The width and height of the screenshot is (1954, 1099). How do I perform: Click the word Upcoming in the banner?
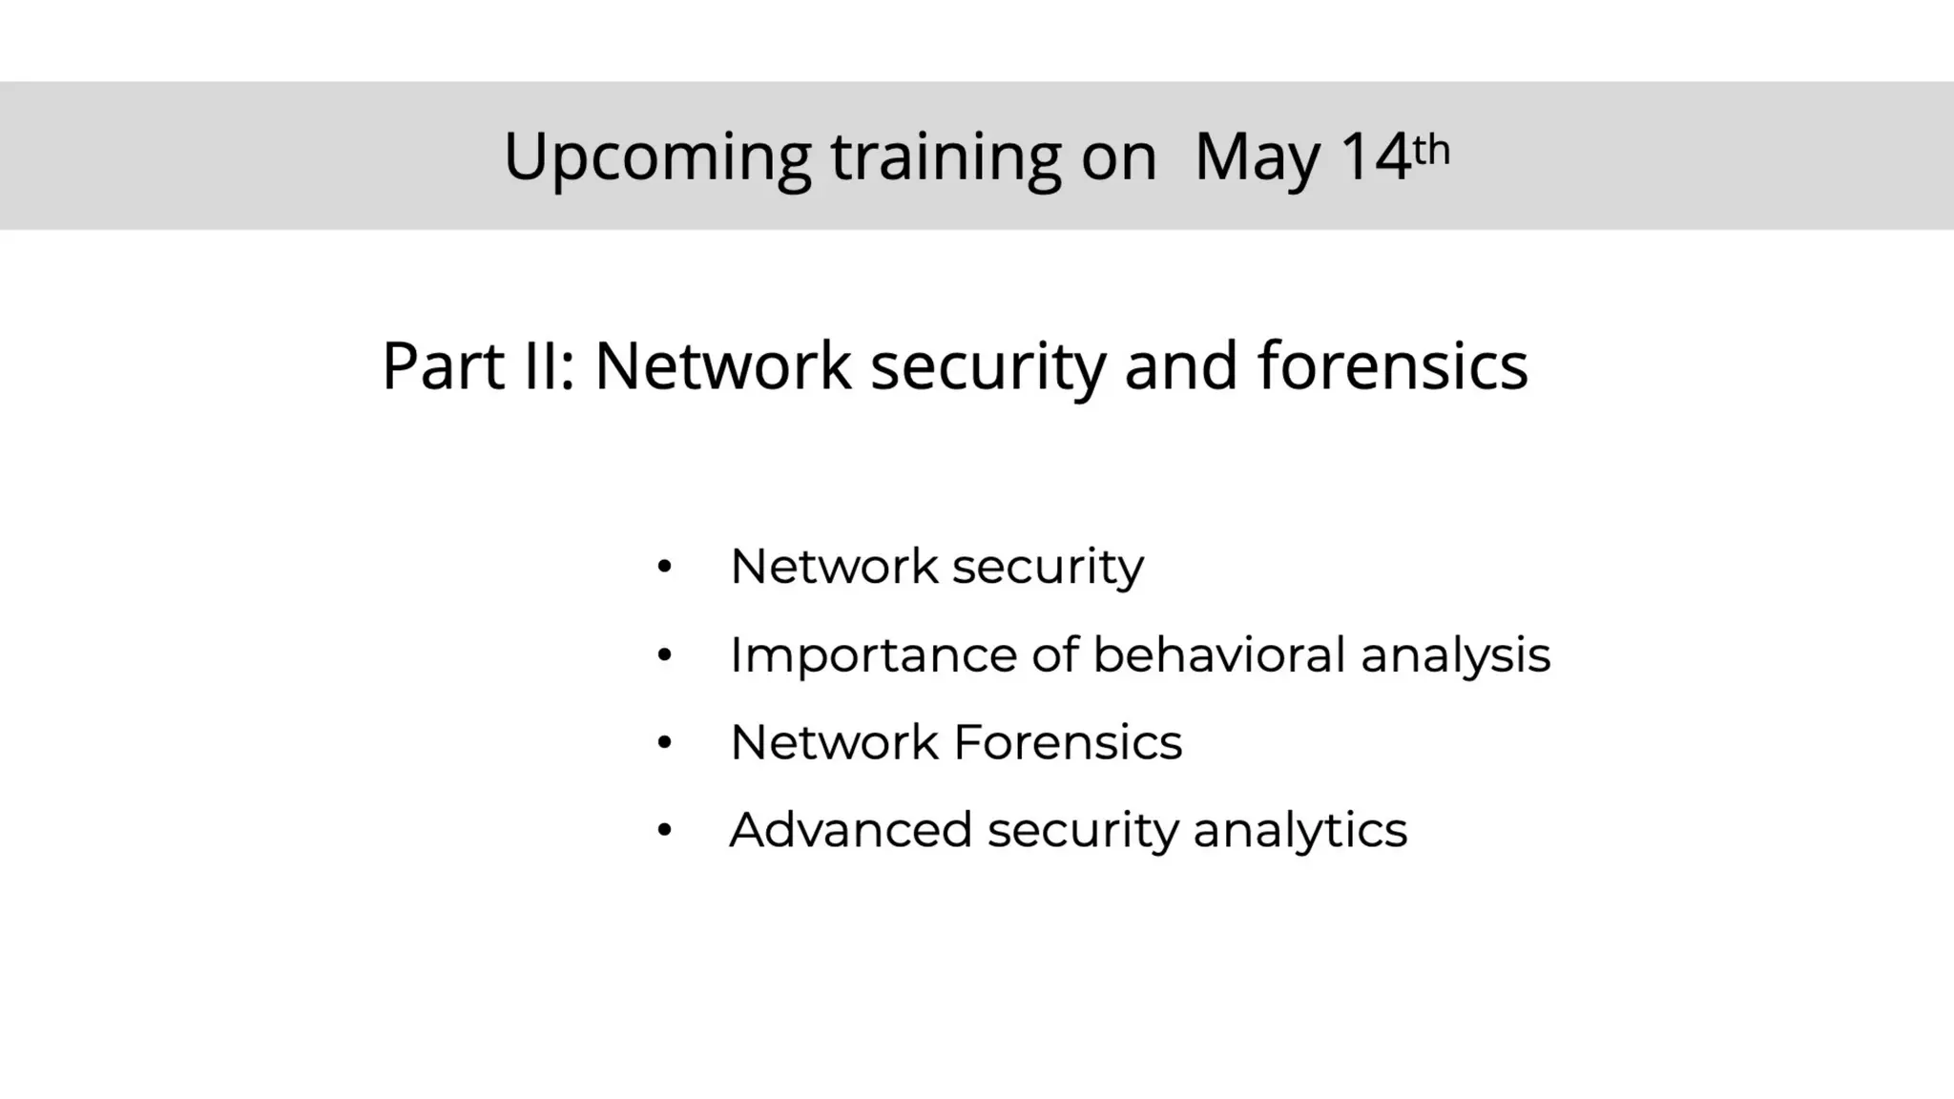[656, 157]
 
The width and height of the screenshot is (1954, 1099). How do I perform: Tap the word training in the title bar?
[946, 157]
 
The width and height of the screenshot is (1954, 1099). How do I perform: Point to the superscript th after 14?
[1431, 149]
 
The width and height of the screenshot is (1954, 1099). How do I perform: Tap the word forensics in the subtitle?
[1393, 365]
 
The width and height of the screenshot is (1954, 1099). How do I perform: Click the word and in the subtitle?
[1181, 365]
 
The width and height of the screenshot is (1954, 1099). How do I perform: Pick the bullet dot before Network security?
[665, 568]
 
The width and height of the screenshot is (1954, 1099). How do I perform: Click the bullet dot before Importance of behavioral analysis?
[665, 656]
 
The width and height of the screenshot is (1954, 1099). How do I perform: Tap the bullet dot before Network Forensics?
[665, 743]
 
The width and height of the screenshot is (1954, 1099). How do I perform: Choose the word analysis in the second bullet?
[1455, 655]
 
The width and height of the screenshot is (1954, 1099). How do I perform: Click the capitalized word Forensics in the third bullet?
[1068, 742]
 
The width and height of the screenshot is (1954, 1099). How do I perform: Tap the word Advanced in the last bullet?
[850, 830]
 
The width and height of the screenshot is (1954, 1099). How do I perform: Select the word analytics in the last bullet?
[1299, 830]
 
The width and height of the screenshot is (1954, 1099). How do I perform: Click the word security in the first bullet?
[1048, 567]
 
